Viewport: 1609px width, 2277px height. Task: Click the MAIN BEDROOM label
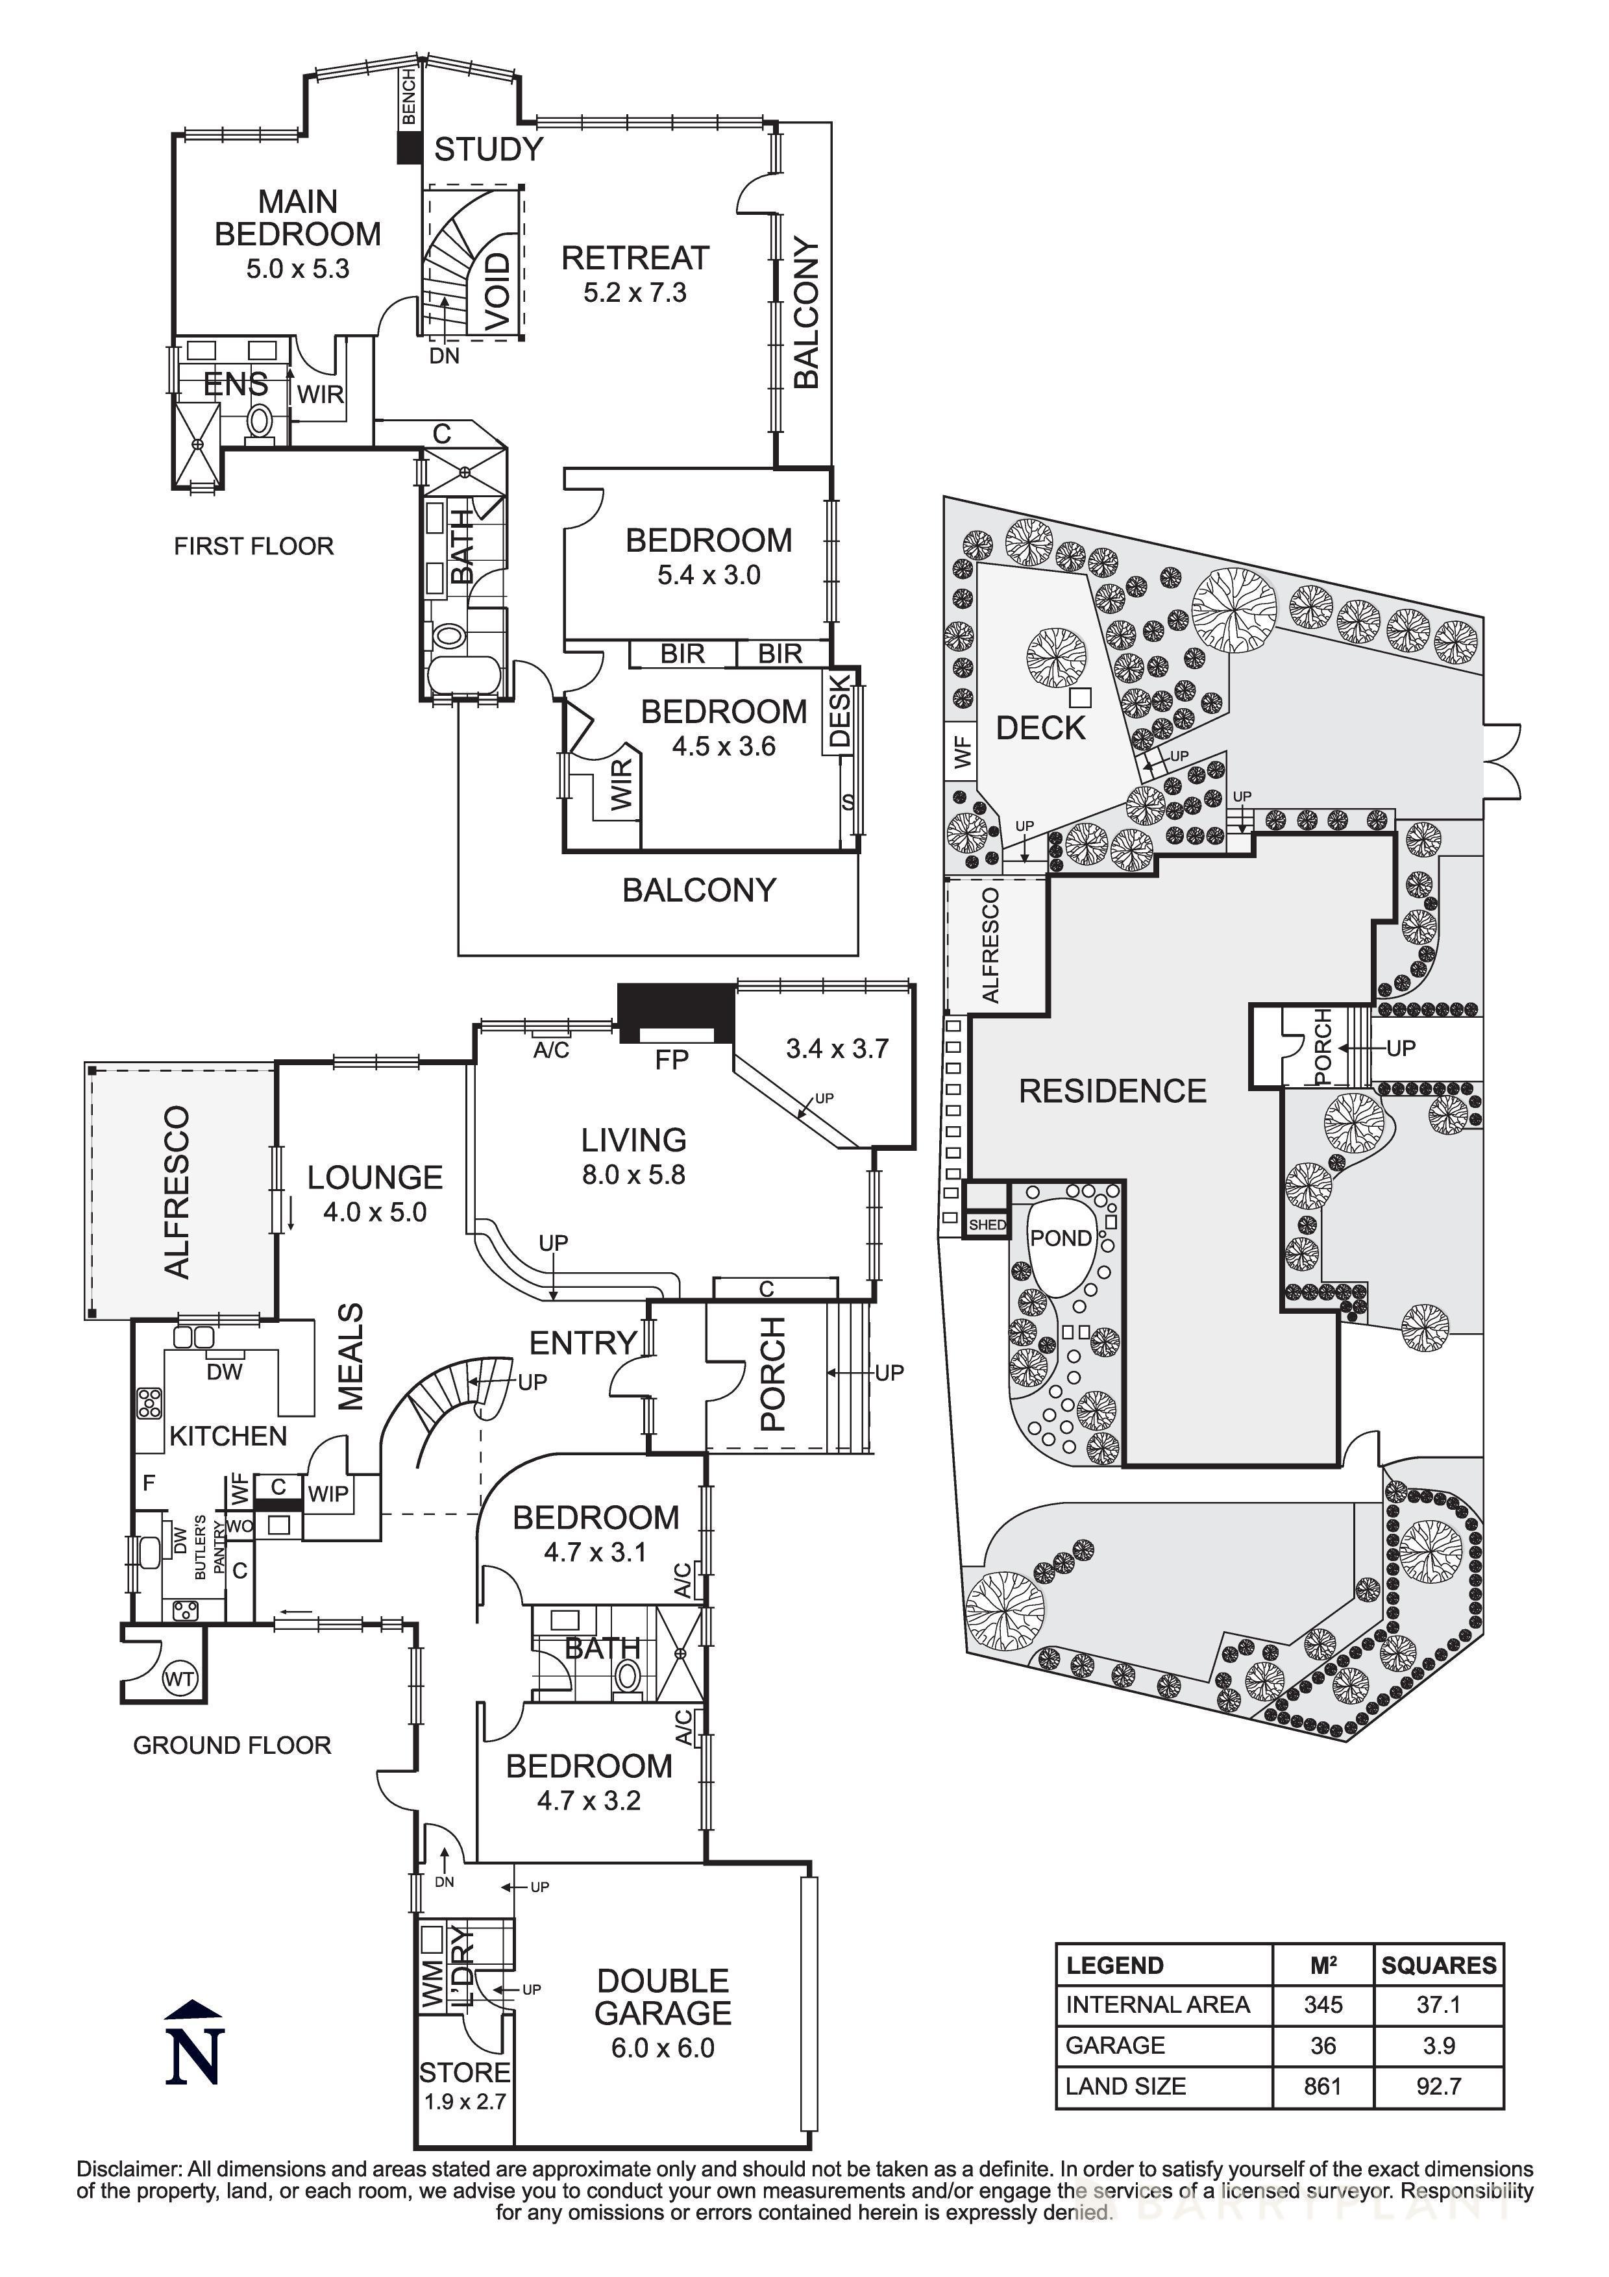[297, 217]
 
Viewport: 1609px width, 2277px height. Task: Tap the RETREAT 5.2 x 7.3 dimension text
[635, 293]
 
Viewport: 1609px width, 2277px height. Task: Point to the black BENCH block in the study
[408, 148]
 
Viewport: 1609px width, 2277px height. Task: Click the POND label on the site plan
[1060, 1238]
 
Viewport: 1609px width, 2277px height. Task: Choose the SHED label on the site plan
[987, 1225]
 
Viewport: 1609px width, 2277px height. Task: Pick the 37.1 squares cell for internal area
[1438, 2004]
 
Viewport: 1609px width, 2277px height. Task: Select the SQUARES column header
[1438, 1965]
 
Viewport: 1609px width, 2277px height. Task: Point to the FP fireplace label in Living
[671, 1060]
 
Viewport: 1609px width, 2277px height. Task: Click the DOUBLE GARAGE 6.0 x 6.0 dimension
[662, 2048]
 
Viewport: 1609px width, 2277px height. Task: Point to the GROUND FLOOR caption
[232, 1745]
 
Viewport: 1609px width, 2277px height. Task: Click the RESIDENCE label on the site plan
[1112, 1091]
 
